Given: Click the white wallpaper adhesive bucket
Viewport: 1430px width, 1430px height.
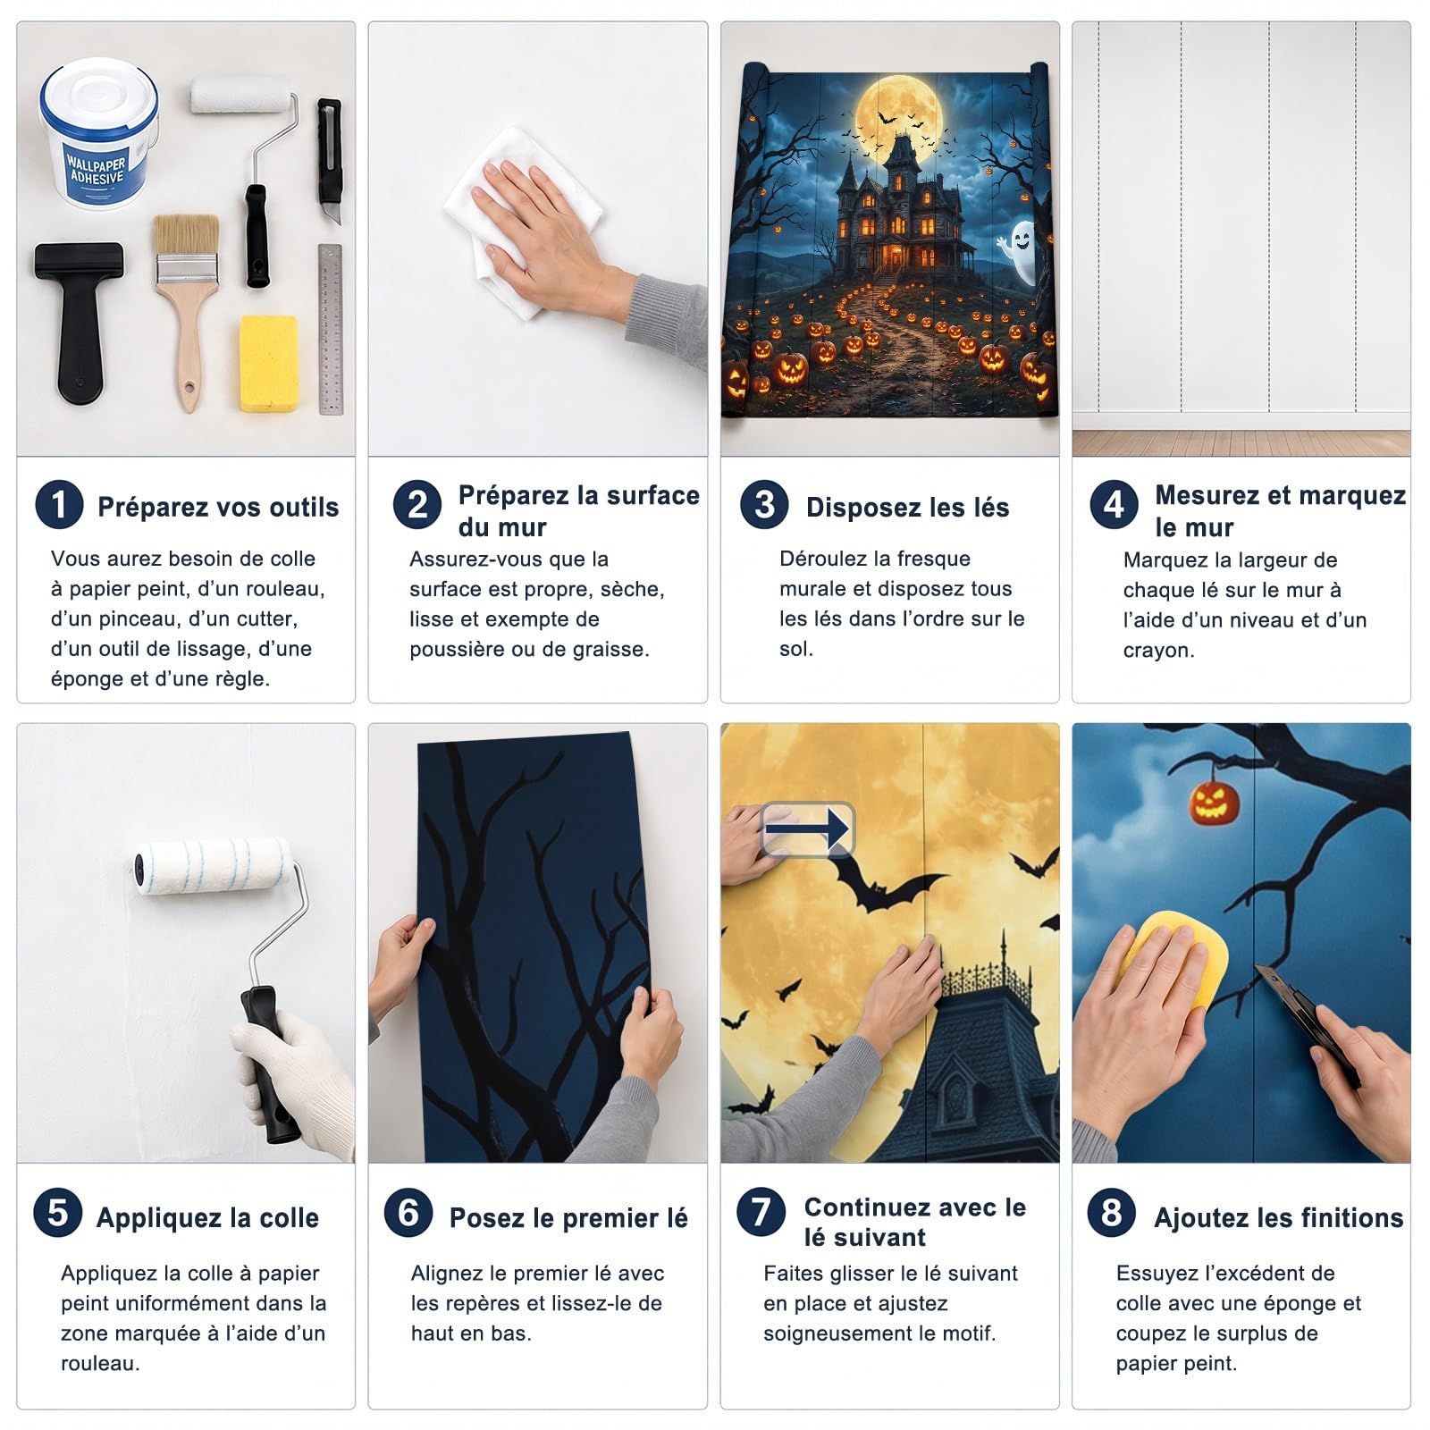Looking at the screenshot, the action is tap(98, 134).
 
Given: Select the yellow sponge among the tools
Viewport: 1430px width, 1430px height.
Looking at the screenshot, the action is tap(269, 363).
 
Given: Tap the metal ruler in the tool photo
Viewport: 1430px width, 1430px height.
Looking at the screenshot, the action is tap(331, 329).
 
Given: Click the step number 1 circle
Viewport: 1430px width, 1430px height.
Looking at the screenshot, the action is tap(59, 505).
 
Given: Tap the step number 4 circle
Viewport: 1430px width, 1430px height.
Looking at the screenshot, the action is tap(1114, 505).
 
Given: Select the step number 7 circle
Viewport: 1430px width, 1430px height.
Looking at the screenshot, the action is tap(761, 1213).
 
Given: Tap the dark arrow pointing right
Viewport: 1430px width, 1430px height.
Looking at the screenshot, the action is tap(807, 829).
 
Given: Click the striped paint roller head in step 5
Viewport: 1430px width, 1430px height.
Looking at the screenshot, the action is tap(213, 867).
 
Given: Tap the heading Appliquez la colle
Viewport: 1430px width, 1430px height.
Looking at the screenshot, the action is tap(207, 1217).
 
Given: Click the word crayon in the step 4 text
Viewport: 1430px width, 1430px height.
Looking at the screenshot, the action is tap(1158, 651).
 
